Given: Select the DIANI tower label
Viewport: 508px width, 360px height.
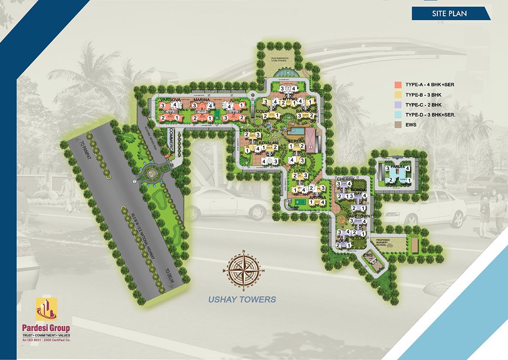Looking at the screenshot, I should coord(300,171).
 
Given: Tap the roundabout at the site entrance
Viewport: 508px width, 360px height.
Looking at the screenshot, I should coord(151,174).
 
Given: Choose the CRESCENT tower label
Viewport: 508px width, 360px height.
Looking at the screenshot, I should coord(252,131).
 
